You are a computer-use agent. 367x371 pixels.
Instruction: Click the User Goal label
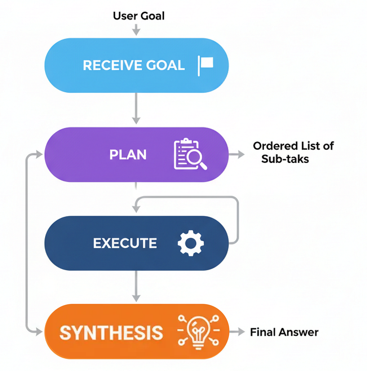139,16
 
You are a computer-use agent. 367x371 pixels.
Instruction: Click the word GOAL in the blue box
165,65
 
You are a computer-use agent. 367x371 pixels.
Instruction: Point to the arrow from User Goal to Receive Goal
136,30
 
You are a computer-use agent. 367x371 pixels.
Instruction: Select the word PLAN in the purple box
128,155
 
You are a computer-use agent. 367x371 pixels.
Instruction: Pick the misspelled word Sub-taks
285,159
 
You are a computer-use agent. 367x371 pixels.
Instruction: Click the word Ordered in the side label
275,146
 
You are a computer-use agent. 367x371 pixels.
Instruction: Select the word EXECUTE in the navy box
125,243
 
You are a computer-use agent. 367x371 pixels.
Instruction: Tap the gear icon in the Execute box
191,243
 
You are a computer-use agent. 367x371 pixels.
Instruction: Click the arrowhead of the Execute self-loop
136,209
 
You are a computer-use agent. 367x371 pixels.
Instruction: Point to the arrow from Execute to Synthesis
136,286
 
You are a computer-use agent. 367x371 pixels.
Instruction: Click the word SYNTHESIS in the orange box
111,333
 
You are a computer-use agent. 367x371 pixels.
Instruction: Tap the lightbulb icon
198,332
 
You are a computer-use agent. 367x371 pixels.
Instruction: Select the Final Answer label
284,332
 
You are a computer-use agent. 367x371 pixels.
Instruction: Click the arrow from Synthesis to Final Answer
237,332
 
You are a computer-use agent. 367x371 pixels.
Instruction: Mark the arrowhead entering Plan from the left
39,154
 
